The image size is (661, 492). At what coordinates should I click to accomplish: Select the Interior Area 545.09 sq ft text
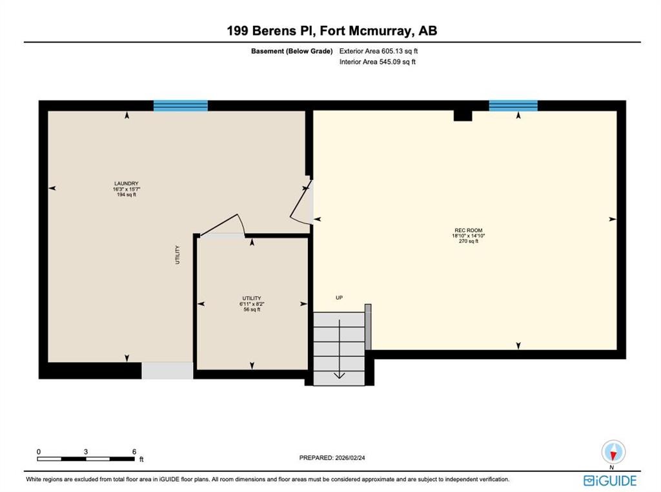pyautogui.click(x=378, y=62)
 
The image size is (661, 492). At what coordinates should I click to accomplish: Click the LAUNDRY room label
pyautogui.click(x=127, y=183)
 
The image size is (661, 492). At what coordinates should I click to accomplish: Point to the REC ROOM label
pyautogui.click(x=468, y=231)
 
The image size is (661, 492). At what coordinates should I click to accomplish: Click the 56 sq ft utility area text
pyautogui.click(x=252, y=309)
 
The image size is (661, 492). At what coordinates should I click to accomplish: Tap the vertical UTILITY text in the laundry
pyautogui.click(x=178, y=254)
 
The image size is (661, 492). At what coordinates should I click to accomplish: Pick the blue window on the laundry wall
pyautogui.click(x=181, y=105)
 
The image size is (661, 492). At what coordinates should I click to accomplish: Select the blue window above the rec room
pyautogui.click(x=513, y=105)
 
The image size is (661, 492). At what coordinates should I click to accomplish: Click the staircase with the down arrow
pyautogui.click(x=339, y=349)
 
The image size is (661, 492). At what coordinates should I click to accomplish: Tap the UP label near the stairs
pyautogui.click(x=339, y=298)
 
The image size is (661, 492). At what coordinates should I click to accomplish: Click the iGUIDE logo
pyautogui.click(x=610, y=480)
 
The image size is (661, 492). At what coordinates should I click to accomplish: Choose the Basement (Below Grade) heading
pyautogui.click(x=292, y=51)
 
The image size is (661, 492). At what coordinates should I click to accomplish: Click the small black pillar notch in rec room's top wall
pyautogui.click(x=463, y=116)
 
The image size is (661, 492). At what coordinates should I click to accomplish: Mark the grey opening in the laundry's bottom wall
pyautogui.click(x=167, y=371)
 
